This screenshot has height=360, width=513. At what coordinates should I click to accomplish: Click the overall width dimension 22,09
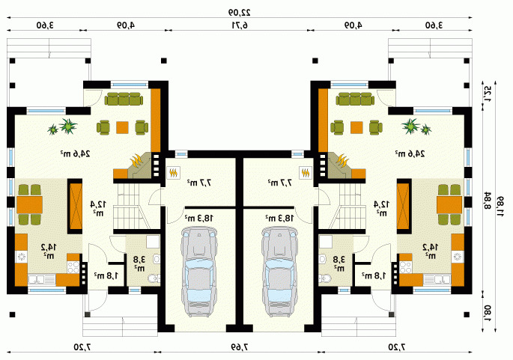(x=240, y=13)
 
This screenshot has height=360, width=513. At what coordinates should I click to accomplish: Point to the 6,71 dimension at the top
(x=240, y=25)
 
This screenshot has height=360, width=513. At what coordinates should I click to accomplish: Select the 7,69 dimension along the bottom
(x=240, y=347)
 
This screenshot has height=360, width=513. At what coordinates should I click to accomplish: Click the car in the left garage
(x=199, y=272)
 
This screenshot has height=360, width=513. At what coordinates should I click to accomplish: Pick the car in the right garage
(x=280, y=272)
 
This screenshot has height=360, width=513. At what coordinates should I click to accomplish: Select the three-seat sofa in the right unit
(x=356, y=99)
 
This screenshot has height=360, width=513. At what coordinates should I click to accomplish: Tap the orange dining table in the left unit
(x=29, y=204)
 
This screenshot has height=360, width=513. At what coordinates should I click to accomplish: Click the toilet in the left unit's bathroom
(x=154, y=278)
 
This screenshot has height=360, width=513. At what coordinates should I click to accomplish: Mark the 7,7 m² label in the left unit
(x=199, y=183)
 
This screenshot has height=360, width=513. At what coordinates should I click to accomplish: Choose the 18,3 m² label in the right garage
(x=280, y=217)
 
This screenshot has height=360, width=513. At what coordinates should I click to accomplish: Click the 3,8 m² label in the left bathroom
(x=139, y=263)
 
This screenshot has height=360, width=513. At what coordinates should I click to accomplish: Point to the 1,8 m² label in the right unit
(x=374, y=275)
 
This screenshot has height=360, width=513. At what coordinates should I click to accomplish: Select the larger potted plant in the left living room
(x=68, y=126)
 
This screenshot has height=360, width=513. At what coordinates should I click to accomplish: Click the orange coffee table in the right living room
(x=356, y=127)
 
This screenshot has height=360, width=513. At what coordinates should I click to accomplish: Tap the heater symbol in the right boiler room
(x=306, y=172)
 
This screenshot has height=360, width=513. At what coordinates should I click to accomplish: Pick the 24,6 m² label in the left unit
(x=75, y=153)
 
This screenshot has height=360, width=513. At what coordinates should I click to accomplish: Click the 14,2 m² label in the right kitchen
(x=431, y=251)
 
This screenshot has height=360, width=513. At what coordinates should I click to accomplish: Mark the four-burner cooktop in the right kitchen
(x=406, y=267)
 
